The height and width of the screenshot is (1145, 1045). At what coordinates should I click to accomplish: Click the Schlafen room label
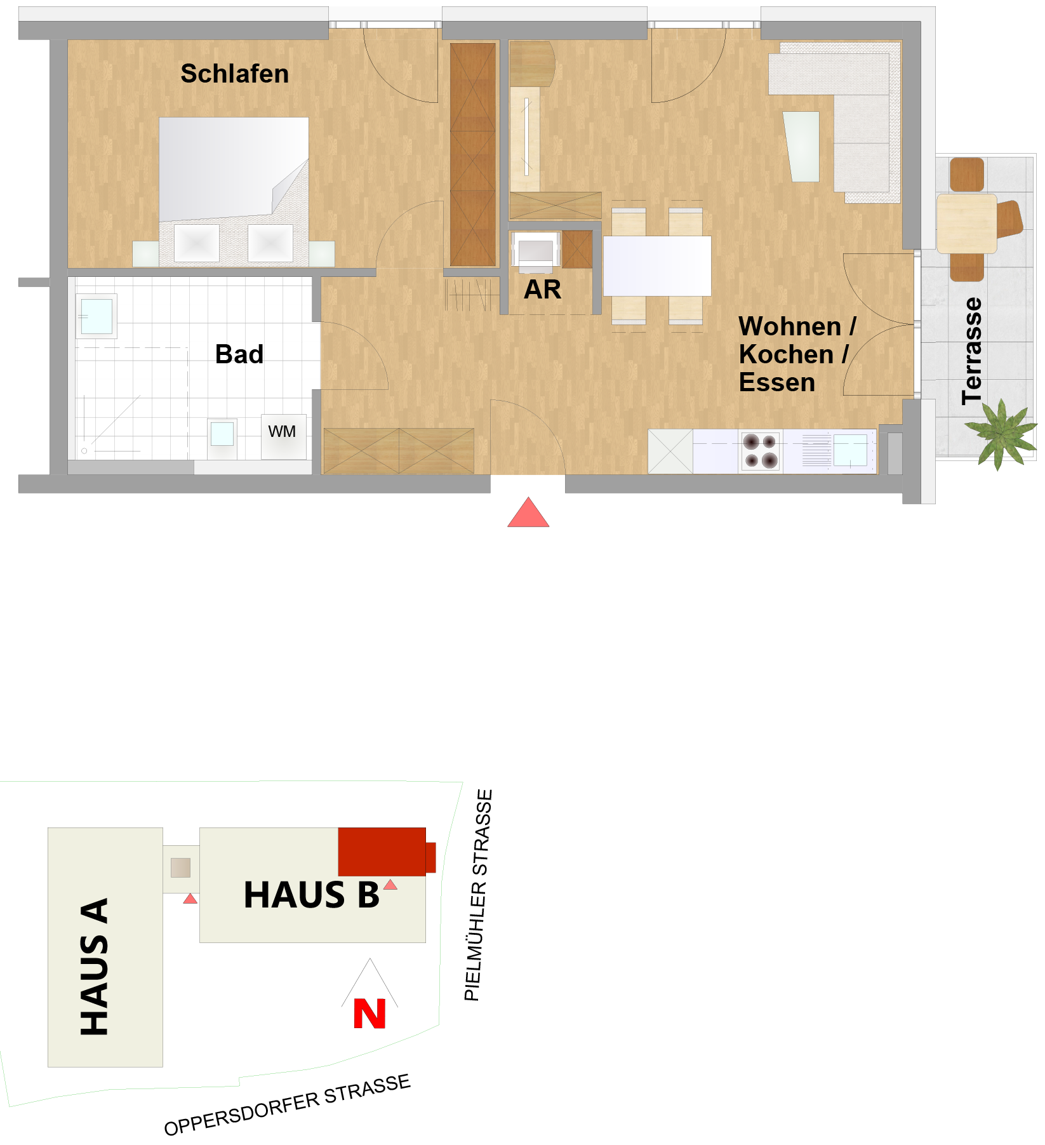coord(234,74)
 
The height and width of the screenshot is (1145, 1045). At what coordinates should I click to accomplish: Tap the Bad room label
coord(239,354)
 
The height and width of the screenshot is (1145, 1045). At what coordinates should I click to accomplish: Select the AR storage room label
coord(542,290)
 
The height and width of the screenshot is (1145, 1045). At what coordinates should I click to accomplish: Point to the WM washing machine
coord(283,436)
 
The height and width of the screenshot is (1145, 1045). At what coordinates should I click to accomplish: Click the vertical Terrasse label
coord(971,351)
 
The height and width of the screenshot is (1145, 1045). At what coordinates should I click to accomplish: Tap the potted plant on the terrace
coord(1002,433)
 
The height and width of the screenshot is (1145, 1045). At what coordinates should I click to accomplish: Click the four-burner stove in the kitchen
coord(760,451)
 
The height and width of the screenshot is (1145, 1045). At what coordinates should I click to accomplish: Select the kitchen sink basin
coord(850,450)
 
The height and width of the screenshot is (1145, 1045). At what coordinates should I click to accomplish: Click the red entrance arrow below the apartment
coord(528,512)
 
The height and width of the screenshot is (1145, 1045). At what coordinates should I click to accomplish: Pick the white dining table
coord(657,266)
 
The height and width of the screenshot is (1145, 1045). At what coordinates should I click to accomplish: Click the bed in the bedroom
coord(234,191)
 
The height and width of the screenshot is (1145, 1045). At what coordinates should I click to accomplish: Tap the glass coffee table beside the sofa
coord(802,147)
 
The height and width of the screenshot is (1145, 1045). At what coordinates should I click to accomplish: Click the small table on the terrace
coord(967,224)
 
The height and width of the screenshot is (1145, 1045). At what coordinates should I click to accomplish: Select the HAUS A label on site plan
coord(95,967)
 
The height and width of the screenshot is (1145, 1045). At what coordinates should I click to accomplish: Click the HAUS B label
coord(312,895)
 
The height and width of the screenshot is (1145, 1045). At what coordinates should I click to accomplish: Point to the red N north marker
coord(369,1014)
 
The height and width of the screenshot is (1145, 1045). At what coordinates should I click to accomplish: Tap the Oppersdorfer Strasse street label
coord(287,1104)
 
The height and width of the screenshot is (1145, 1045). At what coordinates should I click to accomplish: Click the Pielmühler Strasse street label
coord(479,895)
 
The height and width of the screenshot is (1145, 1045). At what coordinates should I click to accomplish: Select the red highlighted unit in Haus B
coord(386,852)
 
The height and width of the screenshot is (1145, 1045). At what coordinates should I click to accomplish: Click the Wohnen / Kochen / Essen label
coord(797,354)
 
